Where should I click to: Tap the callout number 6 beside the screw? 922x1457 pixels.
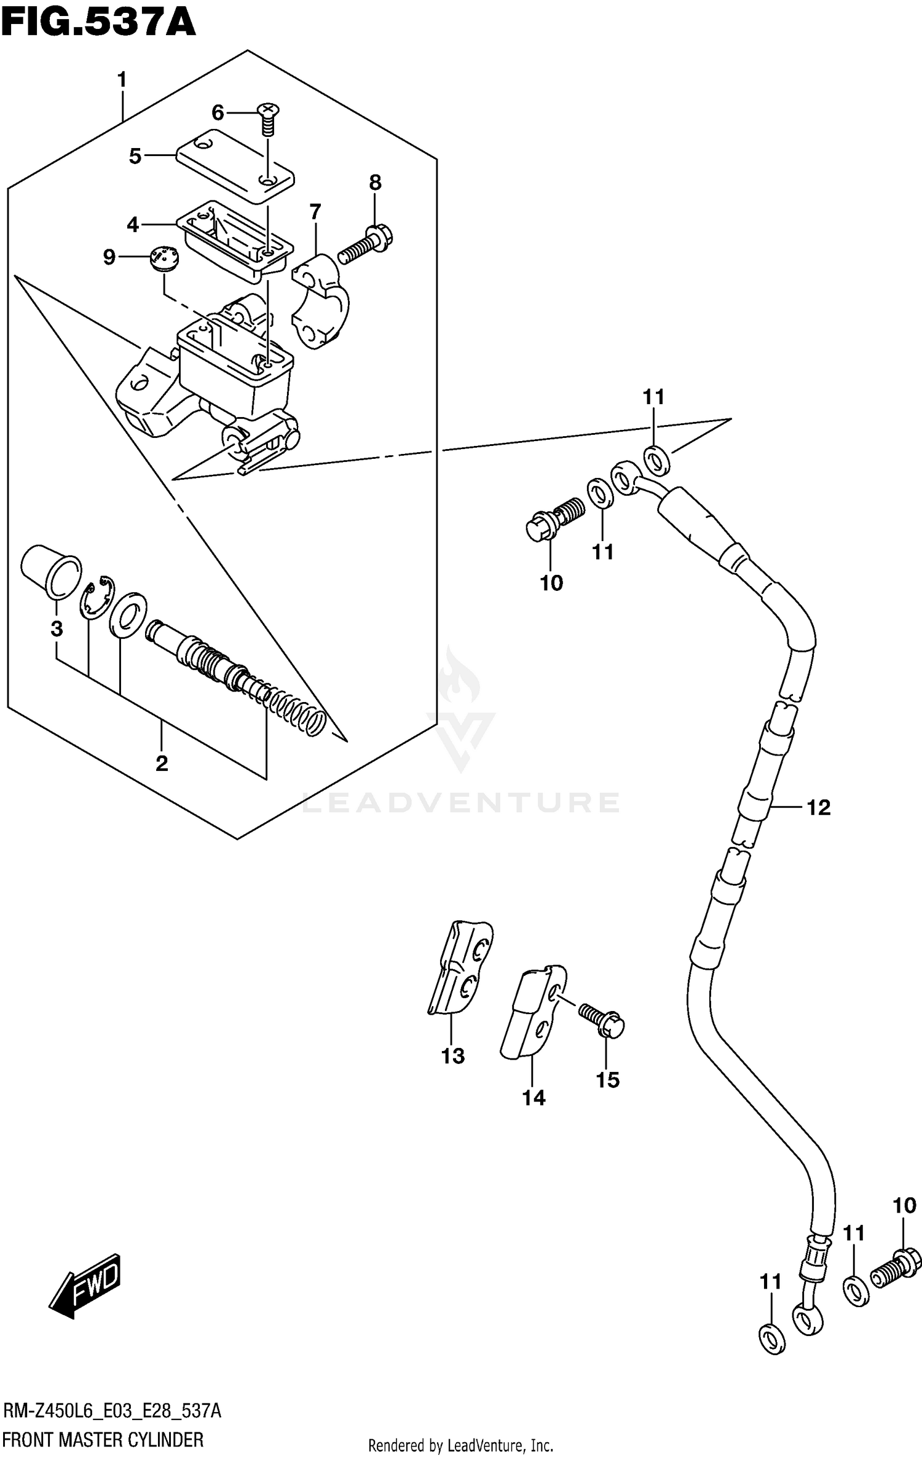[218, 112]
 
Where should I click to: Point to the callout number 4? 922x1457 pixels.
[133, 225]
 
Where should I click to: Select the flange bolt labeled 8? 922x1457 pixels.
[366, 244]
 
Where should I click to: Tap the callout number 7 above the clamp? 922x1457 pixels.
[315, 213]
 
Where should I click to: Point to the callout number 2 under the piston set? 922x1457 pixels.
[161, 764]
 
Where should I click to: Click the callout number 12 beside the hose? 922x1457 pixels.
[818, 807]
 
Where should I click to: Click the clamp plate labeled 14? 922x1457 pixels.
[532, 1014]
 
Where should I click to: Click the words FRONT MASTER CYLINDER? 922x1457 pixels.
[103, 1439]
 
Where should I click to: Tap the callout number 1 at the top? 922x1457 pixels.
[122, 80]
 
